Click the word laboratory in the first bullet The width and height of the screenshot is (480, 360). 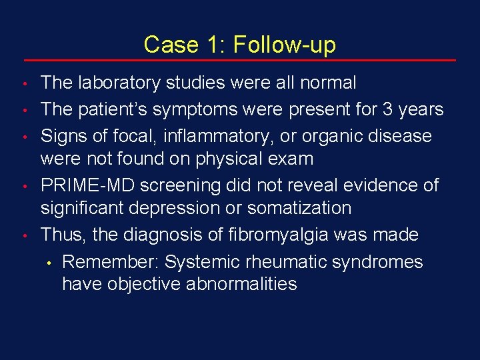pos(118,83)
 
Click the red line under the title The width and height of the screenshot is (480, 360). pos(239,61)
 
